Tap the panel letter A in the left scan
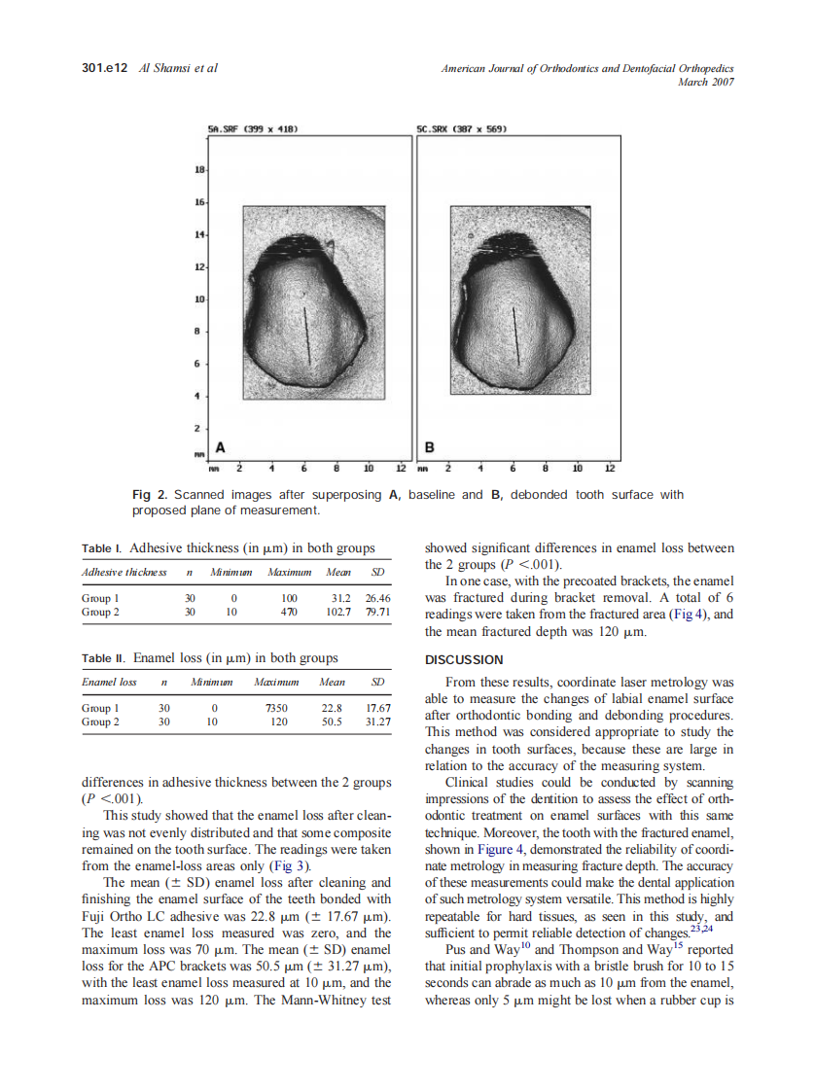(x=221, y=447)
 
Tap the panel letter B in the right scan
(x=430, y=447)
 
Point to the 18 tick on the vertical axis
(x=199, y=170)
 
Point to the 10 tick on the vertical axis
(x=199, y=299)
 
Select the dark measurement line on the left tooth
(x=306, y=334)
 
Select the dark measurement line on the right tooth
(x=516, y=335)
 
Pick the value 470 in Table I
(x=288, y=613)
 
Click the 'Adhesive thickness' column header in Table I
(x=124, y=572)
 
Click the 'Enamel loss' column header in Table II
(x=108, y=683)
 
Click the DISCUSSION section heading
(x=464, y=660)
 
